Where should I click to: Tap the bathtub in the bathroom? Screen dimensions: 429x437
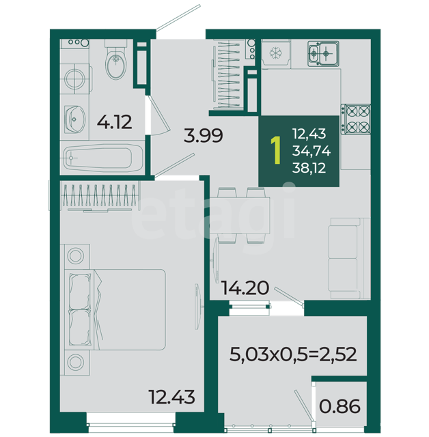tap(102, 158)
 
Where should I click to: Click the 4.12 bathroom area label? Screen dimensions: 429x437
tap(114, 122)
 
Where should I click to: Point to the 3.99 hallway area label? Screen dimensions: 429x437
tap(203, 135)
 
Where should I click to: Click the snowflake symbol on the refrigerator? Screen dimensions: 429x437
tap(275, 53)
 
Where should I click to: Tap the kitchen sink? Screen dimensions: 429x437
tap(323, 54)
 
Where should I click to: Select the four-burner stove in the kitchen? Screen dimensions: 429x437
tap(356, 119)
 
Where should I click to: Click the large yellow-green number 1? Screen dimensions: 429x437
tap(276, 150)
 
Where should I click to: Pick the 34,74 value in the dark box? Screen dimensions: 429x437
tap(312, 151)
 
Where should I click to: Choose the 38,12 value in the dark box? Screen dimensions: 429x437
tap(309, 169)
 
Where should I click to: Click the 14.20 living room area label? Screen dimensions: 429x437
tap(245, 288)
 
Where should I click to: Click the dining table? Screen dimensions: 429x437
tap(240, 216)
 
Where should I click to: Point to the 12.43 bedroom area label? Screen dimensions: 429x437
tap(171, 397)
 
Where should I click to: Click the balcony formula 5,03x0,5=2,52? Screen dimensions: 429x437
tap(293, 354)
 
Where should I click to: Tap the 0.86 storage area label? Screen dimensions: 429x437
tap(340, 406)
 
